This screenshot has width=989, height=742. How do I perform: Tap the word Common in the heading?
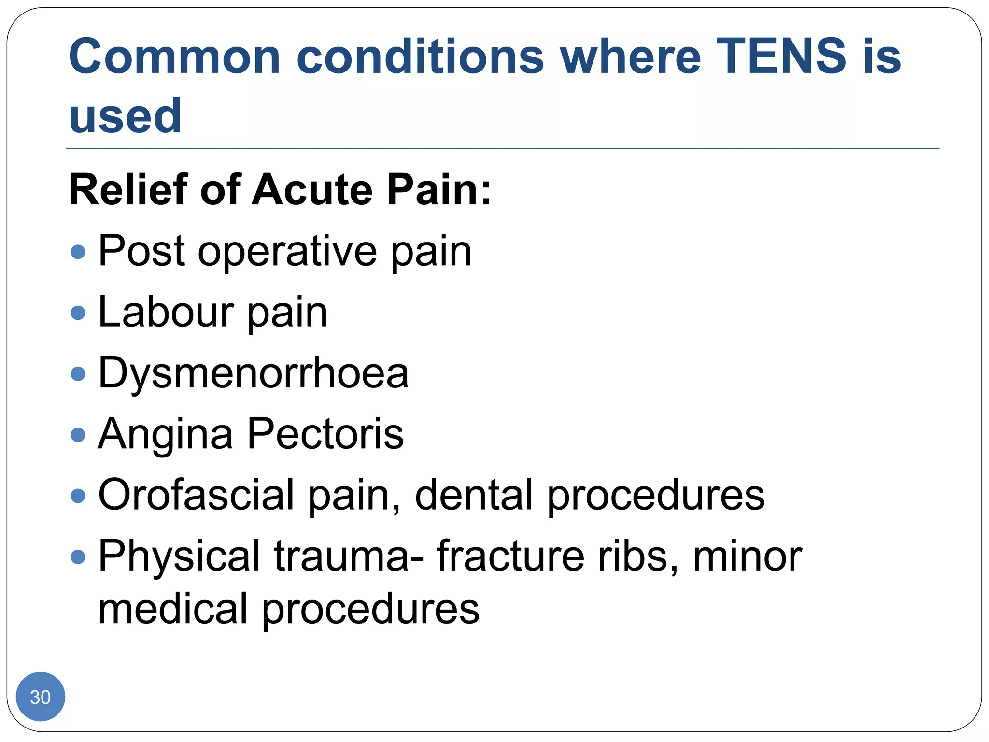coord(174,57)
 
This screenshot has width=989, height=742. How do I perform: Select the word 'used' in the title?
coord(125,116)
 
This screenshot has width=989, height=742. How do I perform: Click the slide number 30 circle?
coord(41,697)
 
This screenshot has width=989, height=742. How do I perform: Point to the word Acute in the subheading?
coord(312,189)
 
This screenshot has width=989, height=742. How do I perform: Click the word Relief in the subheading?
coord(128,189)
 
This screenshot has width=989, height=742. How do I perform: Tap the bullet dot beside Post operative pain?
coord(78,251)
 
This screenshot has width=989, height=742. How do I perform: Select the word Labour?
coord(166,312)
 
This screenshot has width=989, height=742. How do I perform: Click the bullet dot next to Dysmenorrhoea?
coord(78,373)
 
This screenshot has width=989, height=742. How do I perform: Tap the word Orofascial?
coord(196,495)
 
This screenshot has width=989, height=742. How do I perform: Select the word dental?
coord(474,495)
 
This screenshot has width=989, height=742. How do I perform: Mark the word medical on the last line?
coord(173,609)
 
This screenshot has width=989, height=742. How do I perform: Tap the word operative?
coord(287,252)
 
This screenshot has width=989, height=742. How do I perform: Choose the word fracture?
coord(510,556)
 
